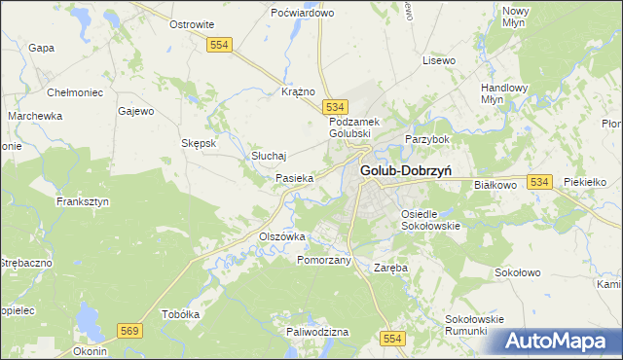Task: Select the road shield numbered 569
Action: pyautogui.click(x=129, y=332)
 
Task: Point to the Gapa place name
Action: pyautogui.click(x=40, y=48)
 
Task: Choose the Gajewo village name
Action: pyautogui.click(x=136, y=111)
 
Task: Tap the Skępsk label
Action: pyautogui.click(x=199, y=142)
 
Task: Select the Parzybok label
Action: pyautogui.click(x=424, y=139)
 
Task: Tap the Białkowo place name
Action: pyautogui.click(x=498, y=182)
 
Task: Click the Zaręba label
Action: pyautogui.click(x=390, y=266)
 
